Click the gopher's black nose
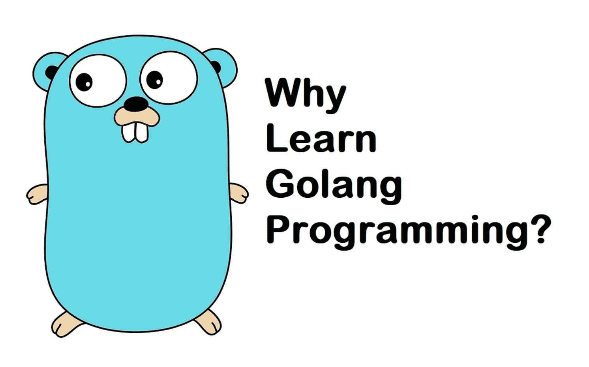click(136, 104)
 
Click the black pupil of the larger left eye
click(84, 82)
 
